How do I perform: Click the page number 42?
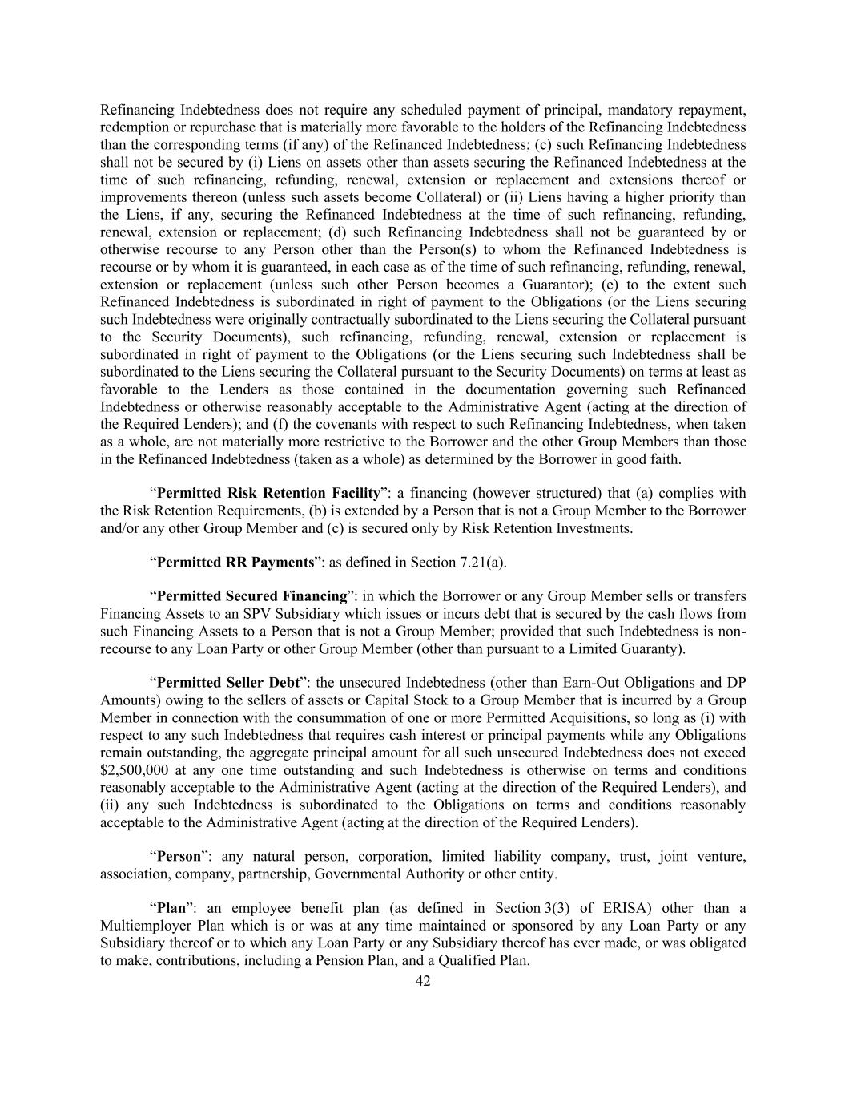click(423, 981)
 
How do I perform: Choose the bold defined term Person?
click(178, 857)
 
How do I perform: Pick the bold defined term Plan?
click(171, 909)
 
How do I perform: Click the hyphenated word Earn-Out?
click(561, 684)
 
